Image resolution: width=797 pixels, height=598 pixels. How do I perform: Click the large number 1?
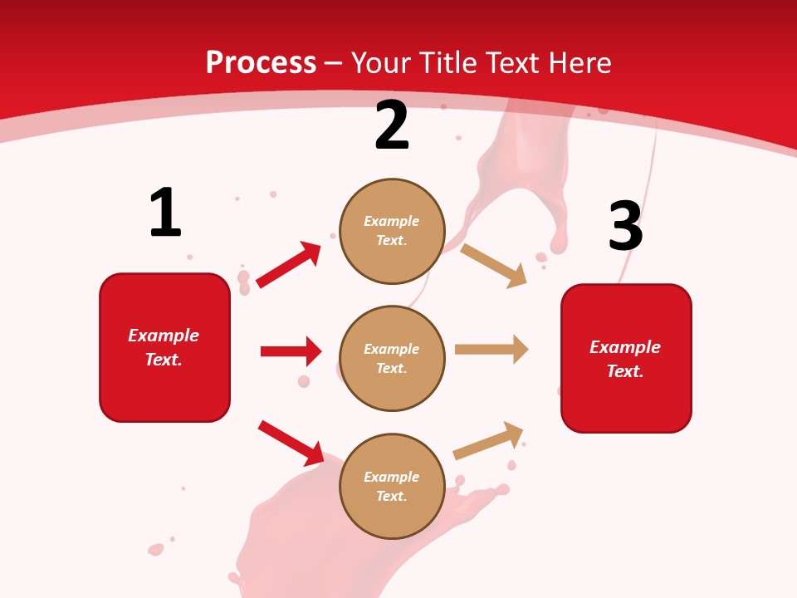point(165,213)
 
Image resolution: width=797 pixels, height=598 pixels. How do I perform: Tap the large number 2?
point(392,125)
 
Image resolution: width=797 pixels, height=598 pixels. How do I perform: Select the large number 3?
point(625,227)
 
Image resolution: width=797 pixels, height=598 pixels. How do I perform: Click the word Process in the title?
point(261,62)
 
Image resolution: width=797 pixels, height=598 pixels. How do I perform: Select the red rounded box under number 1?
point(164,347)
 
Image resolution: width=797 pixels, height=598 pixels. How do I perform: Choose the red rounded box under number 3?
point(626,359)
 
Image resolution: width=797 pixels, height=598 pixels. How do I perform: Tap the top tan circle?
point(392,231)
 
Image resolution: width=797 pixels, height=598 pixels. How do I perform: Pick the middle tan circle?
point(392,358)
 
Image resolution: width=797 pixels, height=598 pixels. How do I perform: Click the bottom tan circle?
point(392,486)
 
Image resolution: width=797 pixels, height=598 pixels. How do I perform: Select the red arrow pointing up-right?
point(289,264)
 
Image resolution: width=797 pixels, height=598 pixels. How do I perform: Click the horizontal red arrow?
point(291,351)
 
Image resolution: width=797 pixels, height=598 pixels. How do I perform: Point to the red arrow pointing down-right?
point(291,443)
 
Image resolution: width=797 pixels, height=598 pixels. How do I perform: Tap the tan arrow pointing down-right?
point(494,265)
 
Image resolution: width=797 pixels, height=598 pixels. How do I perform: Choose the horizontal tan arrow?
point(491,350)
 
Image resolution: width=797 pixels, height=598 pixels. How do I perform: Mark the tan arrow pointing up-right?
point(489,440)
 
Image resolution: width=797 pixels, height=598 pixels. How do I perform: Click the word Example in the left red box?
point(164,336)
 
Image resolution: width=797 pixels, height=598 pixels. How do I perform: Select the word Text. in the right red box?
point(625,371)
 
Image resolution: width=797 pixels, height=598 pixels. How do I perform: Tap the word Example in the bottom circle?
point(392,477)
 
